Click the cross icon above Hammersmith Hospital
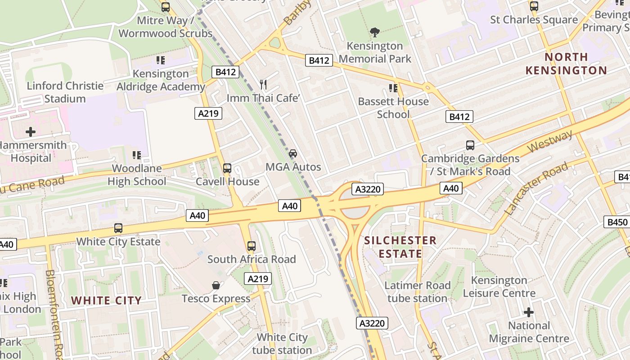click(30, 132)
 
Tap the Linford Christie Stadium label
click(65, 92)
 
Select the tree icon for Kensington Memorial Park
click(374, 32)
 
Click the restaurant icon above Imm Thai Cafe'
click(264, 84)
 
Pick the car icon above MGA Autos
click(293, 153)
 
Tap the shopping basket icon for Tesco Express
click(216, 285)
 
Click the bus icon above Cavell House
click(227, 168)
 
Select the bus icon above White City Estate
click(118, 228)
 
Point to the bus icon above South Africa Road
click(252, 246)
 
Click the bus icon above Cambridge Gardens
click(470, 145)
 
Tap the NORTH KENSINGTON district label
click(566, 63)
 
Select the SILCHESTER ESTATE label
click(400, 247)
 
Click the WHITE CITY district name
click(106, 301)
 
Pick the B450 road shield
click(617, 222)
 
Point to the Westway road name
click(550, 141)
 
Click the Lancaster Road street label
click(536, 189)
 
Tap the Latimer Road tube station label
click(417, 292)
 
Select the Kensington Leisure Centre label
click(499, 287)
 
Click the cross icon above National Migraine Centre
click(529, 312)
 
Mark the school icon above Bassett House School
click(393, 88)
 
